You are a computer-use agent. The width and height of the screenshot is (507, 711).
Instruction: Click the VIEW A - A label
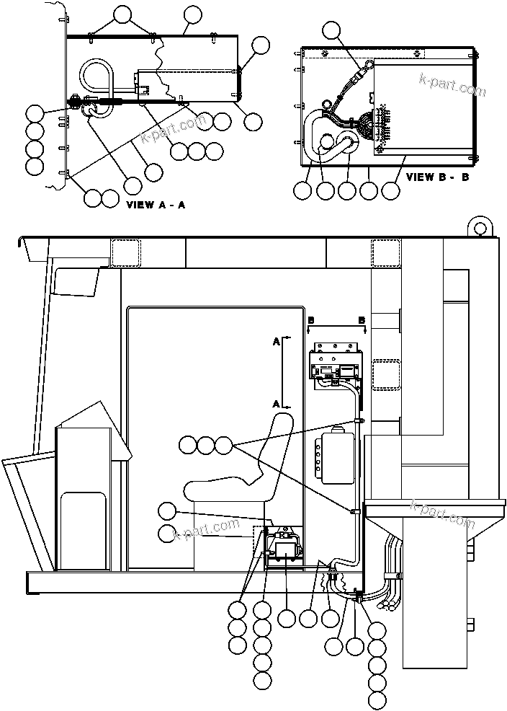pos(156,205)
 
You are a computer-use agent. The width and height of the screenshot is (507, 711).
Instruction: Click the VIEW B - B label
pos(437,177)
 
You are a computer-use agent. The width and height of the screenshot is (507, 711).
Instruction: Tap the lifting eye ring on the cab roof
pos(478,226)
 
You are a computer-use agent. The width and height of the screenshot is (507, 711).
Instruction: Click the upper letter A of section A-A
pos(277,343)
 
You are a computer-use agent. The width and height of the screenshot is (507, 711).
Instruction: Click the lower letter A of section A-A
pos(277,402)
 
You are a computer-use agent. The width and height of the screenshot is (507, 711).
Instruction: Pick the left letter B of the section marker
pos(310,319)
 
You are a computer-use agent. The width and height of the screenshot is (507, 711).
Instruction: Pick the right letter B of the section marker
pos(362,319)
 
